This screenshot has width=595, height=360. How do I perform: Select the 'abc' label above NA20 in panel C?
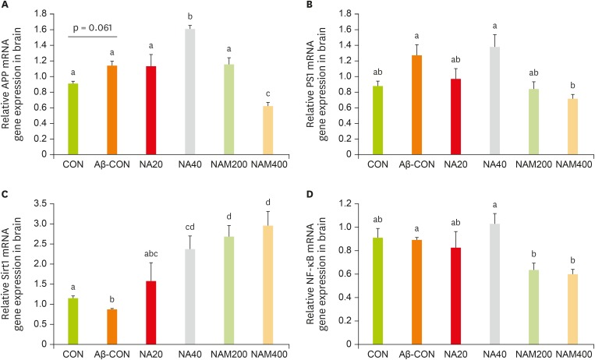tap(145, 252)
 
